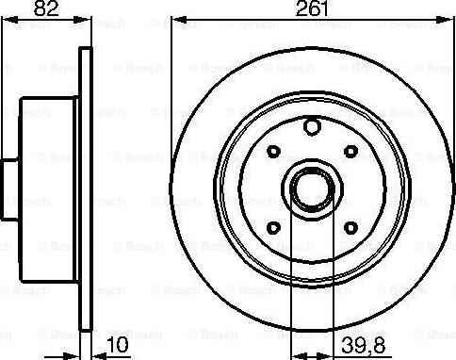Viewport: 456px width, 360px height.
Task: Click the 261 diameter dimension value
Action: (308, 11)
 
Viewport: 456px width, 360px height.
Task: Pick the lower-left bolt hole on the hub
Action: (271, 227)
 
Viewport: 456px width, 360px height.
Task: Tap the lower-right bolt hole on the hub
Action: (350, 227)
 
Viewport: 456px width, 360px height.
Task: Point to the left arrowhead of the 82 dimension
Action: (4, 21)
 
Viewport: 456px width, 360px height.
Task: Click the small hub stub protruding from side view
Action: (5, 188)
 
